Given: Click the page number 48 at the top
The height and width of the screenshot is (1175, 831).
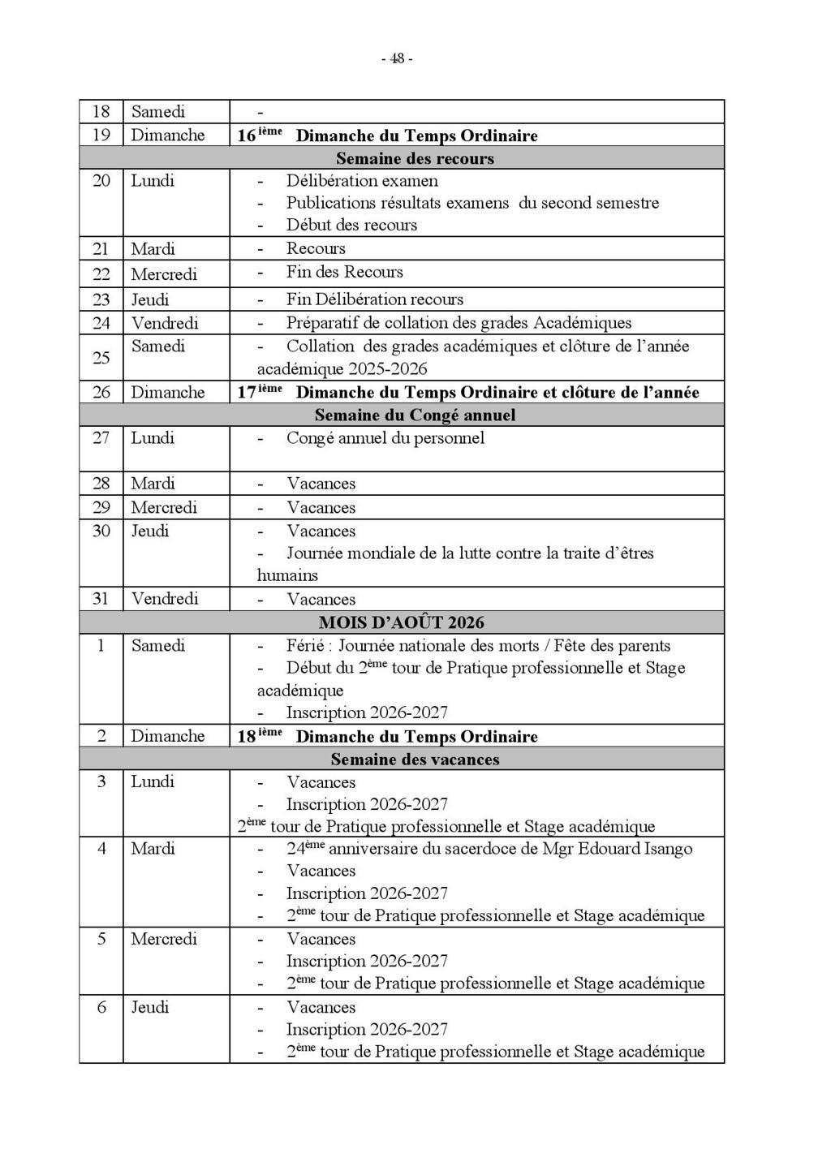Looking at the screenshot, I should coord(397,58).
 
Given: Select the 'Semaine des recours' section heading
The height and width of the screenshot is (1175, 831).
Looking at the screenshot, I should coord(415,158).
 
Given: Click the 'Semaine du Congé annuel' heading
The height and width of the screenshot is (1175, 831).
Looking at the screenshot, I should coord(415,415).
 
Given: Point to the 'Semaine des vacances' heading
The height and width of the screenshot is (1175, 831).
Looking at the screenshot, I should coord(415,760).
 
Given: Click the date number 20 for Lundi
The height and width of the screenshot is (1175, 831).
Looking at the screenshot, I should coord(101,181).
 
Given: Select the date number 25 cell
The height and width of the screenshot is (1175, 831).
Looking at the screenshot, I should coord(101,358).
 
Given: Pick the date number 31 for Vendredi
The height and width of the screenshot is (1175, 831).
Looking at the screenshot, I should coord(101,599).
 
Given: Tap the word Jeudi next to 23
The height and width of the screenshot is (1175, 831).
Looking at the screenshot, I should coord(150,299).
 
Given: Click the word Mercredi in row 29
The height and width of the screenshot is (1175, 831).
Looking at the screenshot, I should coord(164,508).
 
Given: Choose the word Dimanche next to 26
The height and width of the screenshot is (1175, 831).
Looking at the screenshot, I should coord(168,393).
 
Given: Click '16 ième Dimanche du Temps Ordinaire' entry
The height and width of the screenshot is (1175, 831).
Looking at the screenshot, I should coord(388,136).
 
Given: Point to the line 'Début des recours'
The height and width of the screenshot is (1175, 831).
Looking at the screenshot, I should coord(351,226).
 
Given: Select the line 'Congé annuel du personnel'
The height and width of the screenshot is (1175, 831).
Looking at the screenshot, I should coord(385,438).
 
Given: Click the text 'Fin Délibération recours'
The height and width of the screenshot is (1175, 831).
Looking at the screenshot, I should coord(374,299).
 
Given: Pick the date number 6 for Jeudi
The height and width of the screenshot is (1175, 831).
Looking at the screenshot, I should coord(101,1008).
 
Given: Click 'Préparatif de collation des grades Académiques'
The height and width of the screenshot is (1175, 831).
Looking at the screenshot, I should coord(459,323).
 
